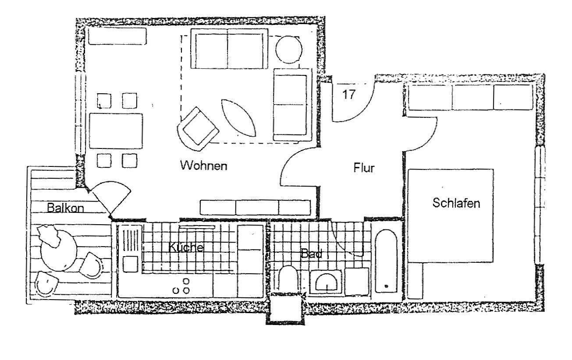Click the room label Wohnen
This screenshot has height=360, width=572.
pyautogui.click(x=204, y=166)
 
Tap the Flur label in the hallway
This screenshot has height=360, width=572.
pyautogui.click(x=364, y=168)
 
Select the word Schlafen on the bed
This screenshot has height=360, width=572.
pyautogui.click(x=456, y=203)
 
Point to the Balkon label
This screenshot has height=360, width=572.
pyautogui.click(x=66, y=208)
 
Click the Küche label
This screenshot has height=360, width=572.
pyautogui.click(x=186, y=247)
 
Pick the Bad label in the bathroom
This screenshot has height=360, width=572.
pyautogui.click(x=311, y=254)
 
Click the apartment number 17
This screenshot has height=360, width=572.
pyautogui.click(x=349, y=95)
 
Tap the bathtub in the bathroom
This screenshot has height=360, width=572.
pyautogui.click(x=386, y=261)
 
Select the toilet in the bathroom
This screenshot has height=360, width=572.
pyautogui.click(x=288, y=279)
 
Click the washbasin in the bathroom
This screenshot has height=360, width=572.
pyautogui.click(x=326, y=282)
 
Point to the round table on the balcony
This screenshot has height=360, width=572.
pyautogui.click(x=58, y=251)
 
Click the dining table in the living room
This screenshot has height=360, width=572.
pyautogui.click(x=116, y=131)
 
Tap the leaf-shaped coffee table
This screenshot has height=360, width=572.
pyautogui.click(x=238, y=118)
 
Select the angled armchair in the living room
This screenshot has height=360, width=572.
pyautogui.click(x=198, y=129)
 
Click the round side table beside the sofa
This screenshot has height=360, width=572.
pyautogui.click(x=289, y=49)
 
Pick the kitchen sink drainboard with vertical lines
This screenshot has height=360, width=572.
pyautogui.click(x=131, y=240)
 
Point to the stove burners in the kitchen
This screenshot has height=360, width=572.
pyautogui.click(x=182, y=286)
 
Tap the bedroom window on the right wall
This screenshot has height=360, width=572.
pyautogui.click(x=540, y=205)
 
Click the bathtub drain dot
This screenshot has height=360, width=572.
pyautogui.click(x=386, y=286)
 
